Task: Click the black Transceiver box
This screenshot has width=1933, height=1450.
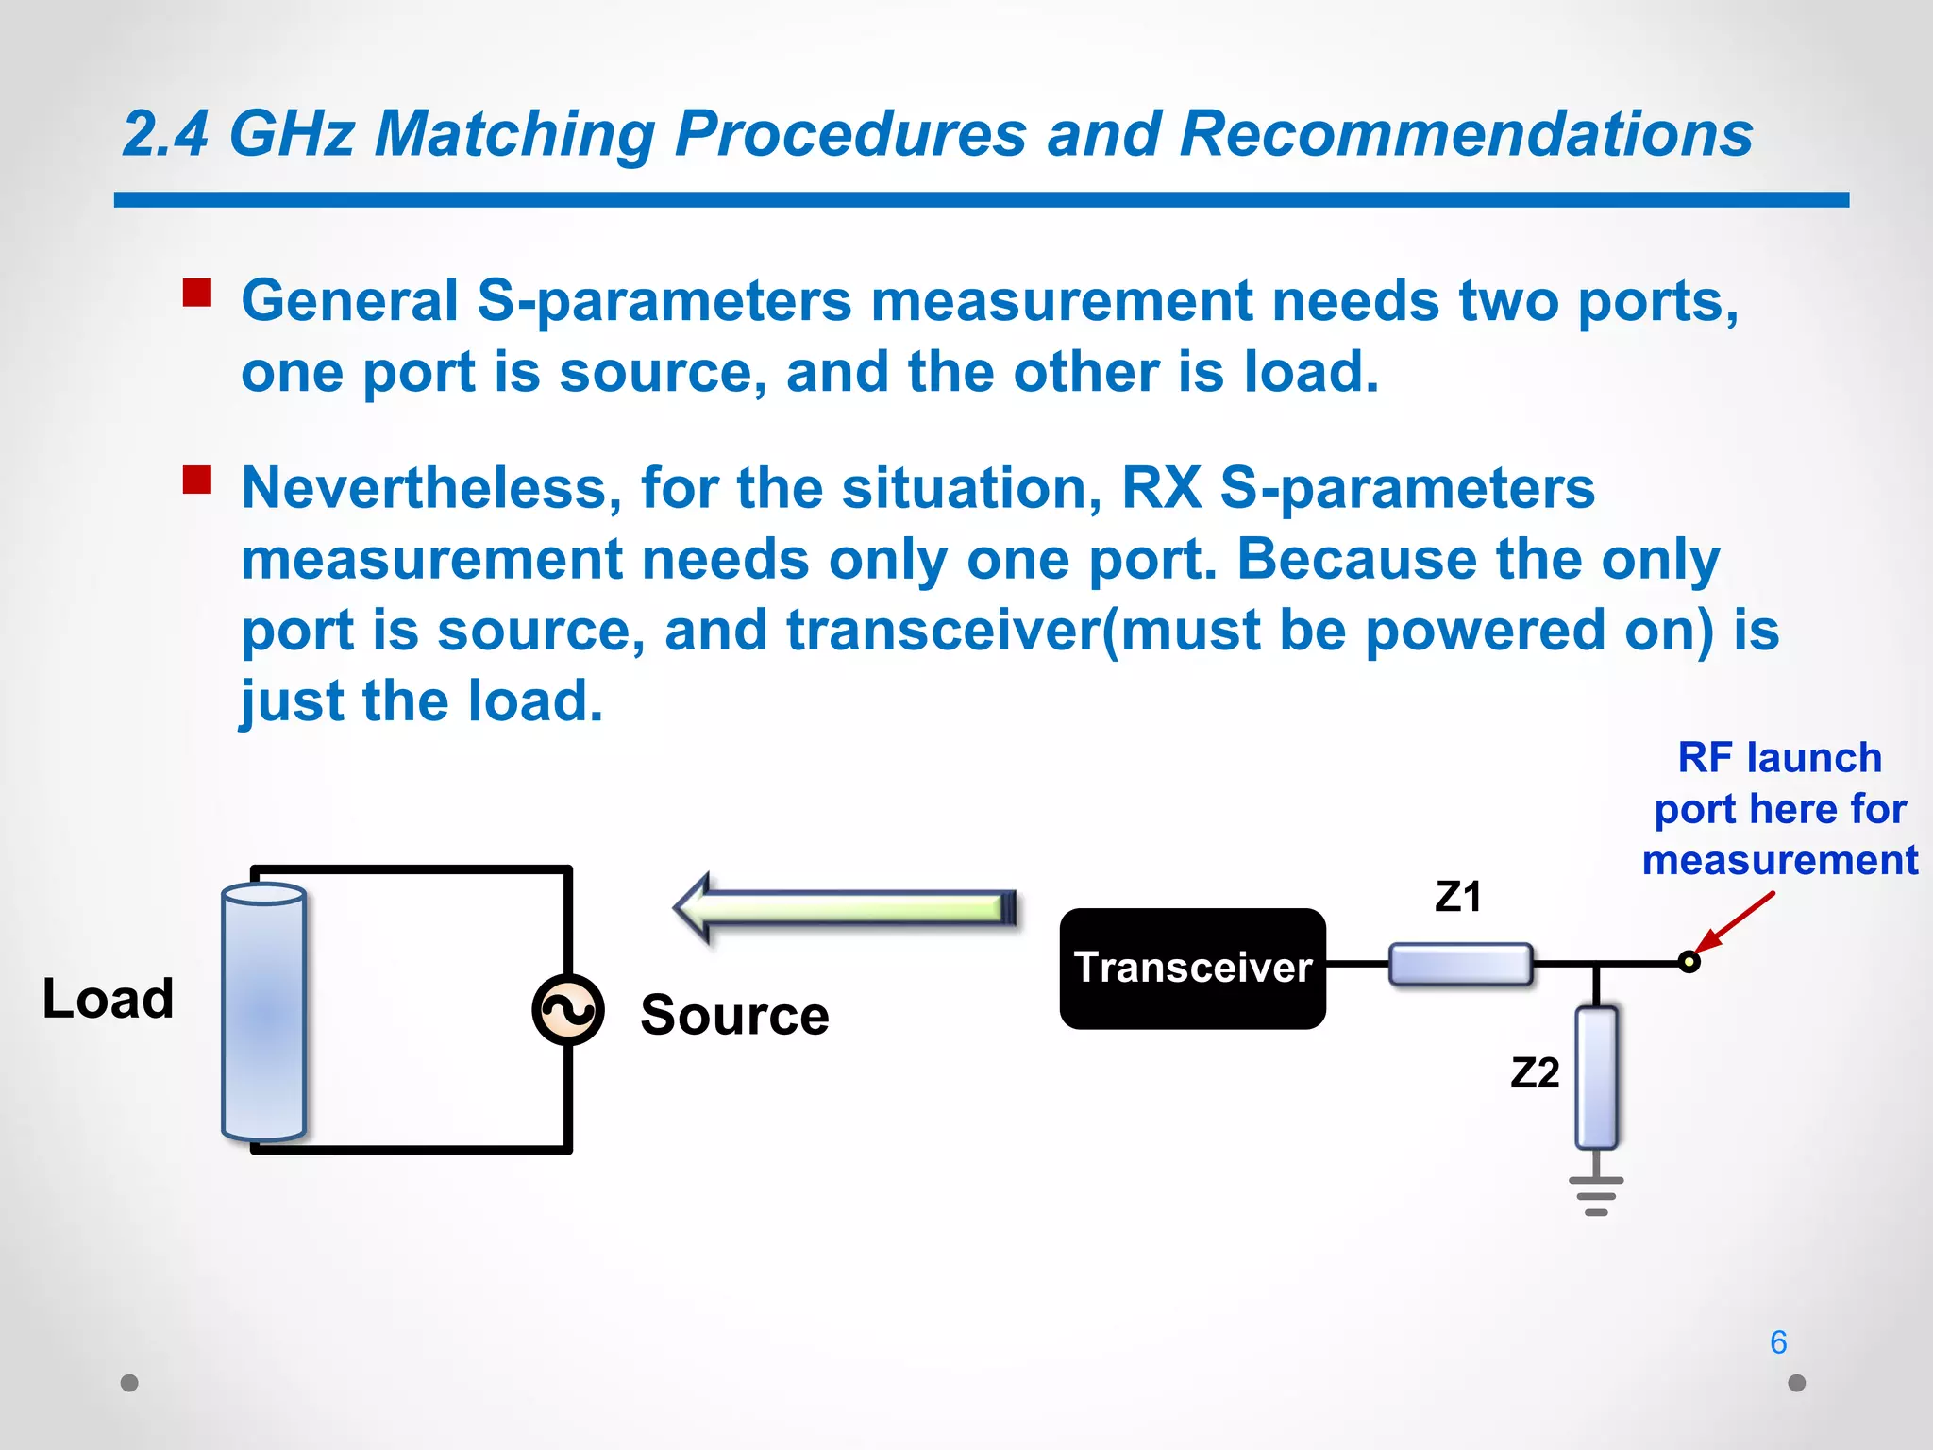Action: (1192, 968)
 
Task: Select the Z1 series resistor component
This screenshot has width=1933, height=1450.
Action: (1460, 965)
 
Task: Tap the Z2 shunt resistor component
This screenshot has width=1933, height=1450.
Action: (1596, 1077)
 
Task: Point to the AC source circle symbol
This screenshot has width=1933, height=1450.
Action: (567, 1010)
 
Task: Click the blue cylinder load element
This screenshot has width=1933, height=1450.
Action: (263, 1011)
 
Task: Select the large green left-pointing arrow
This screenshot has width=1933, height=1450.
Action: (845, 907)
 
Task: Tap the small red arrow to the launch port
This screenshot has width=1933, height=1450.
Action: (1735, 922)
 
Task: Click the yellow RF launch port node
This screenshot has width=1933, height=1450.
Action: (1689, 962)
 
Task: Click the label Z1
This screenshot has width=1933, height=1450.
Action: (1458, 897)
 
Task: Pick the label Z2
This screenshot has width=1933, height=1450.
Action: (1535, 1073)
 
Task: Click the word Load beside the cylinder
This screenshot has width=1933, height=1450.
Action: (108, 999)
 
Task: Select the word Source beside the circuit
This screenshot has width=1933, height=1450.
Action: (734, 1015)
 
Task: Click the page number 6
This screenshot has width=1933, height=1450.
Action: (1778, 1342)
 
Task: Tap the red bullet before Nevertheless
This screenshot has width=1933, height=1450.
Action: (197, 480)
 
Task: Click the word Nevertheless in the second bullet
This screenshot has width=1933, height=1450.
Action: (430, 489)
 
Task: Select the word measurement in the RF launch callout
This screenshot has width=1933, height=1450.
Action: (1779, 861)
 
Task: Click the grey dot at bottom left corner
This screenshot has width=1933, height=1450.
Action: (130, 1383)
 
